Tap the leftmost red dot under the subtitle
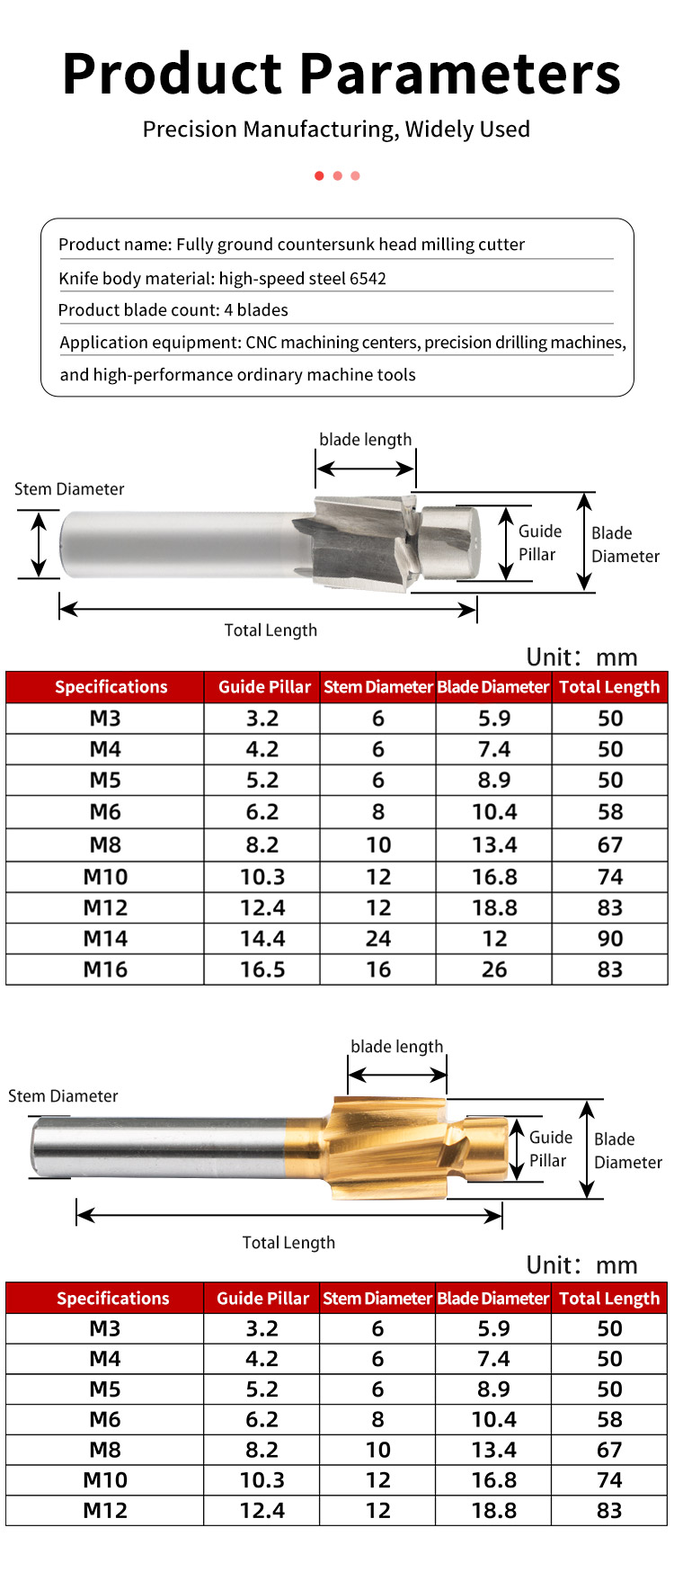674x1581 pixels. click(x=319, y=175)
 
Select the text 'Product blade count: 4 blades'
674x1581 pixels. click(x=173, y=310)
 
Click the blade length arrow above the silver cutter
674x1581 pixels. click(x=365, y=469)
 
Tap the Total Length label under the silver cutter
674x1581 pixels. click(x=270, y=630)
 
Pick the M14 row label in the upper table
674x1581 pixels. click(x=105, y=939)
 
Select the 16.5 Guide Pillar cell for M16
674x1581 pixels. click(x=262, y=969)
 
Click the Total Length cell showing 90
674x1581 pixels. click(x=610, y=939)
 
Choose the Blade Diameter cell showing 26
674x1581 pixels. click(x=494, y=969)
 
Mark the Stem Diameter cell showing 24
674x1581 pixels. click(x=378, y=939)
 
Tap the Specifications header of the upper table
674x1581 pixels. click(x=111, y=687)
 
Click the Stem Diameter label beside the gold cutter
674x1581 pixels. click(x=63, y=1096)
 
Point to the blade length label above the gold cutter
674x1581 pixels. click(x=397, y=1047)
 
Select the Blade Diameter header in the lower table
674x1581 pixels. click(x=493, y=1299)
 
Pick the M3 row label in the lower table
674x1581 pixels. click(x=105, y=1328)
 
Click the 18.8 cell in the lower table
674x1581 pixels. click(x=494, y=1510)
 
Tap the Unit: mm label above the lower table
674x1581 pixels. click(x=581, y=1265)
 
